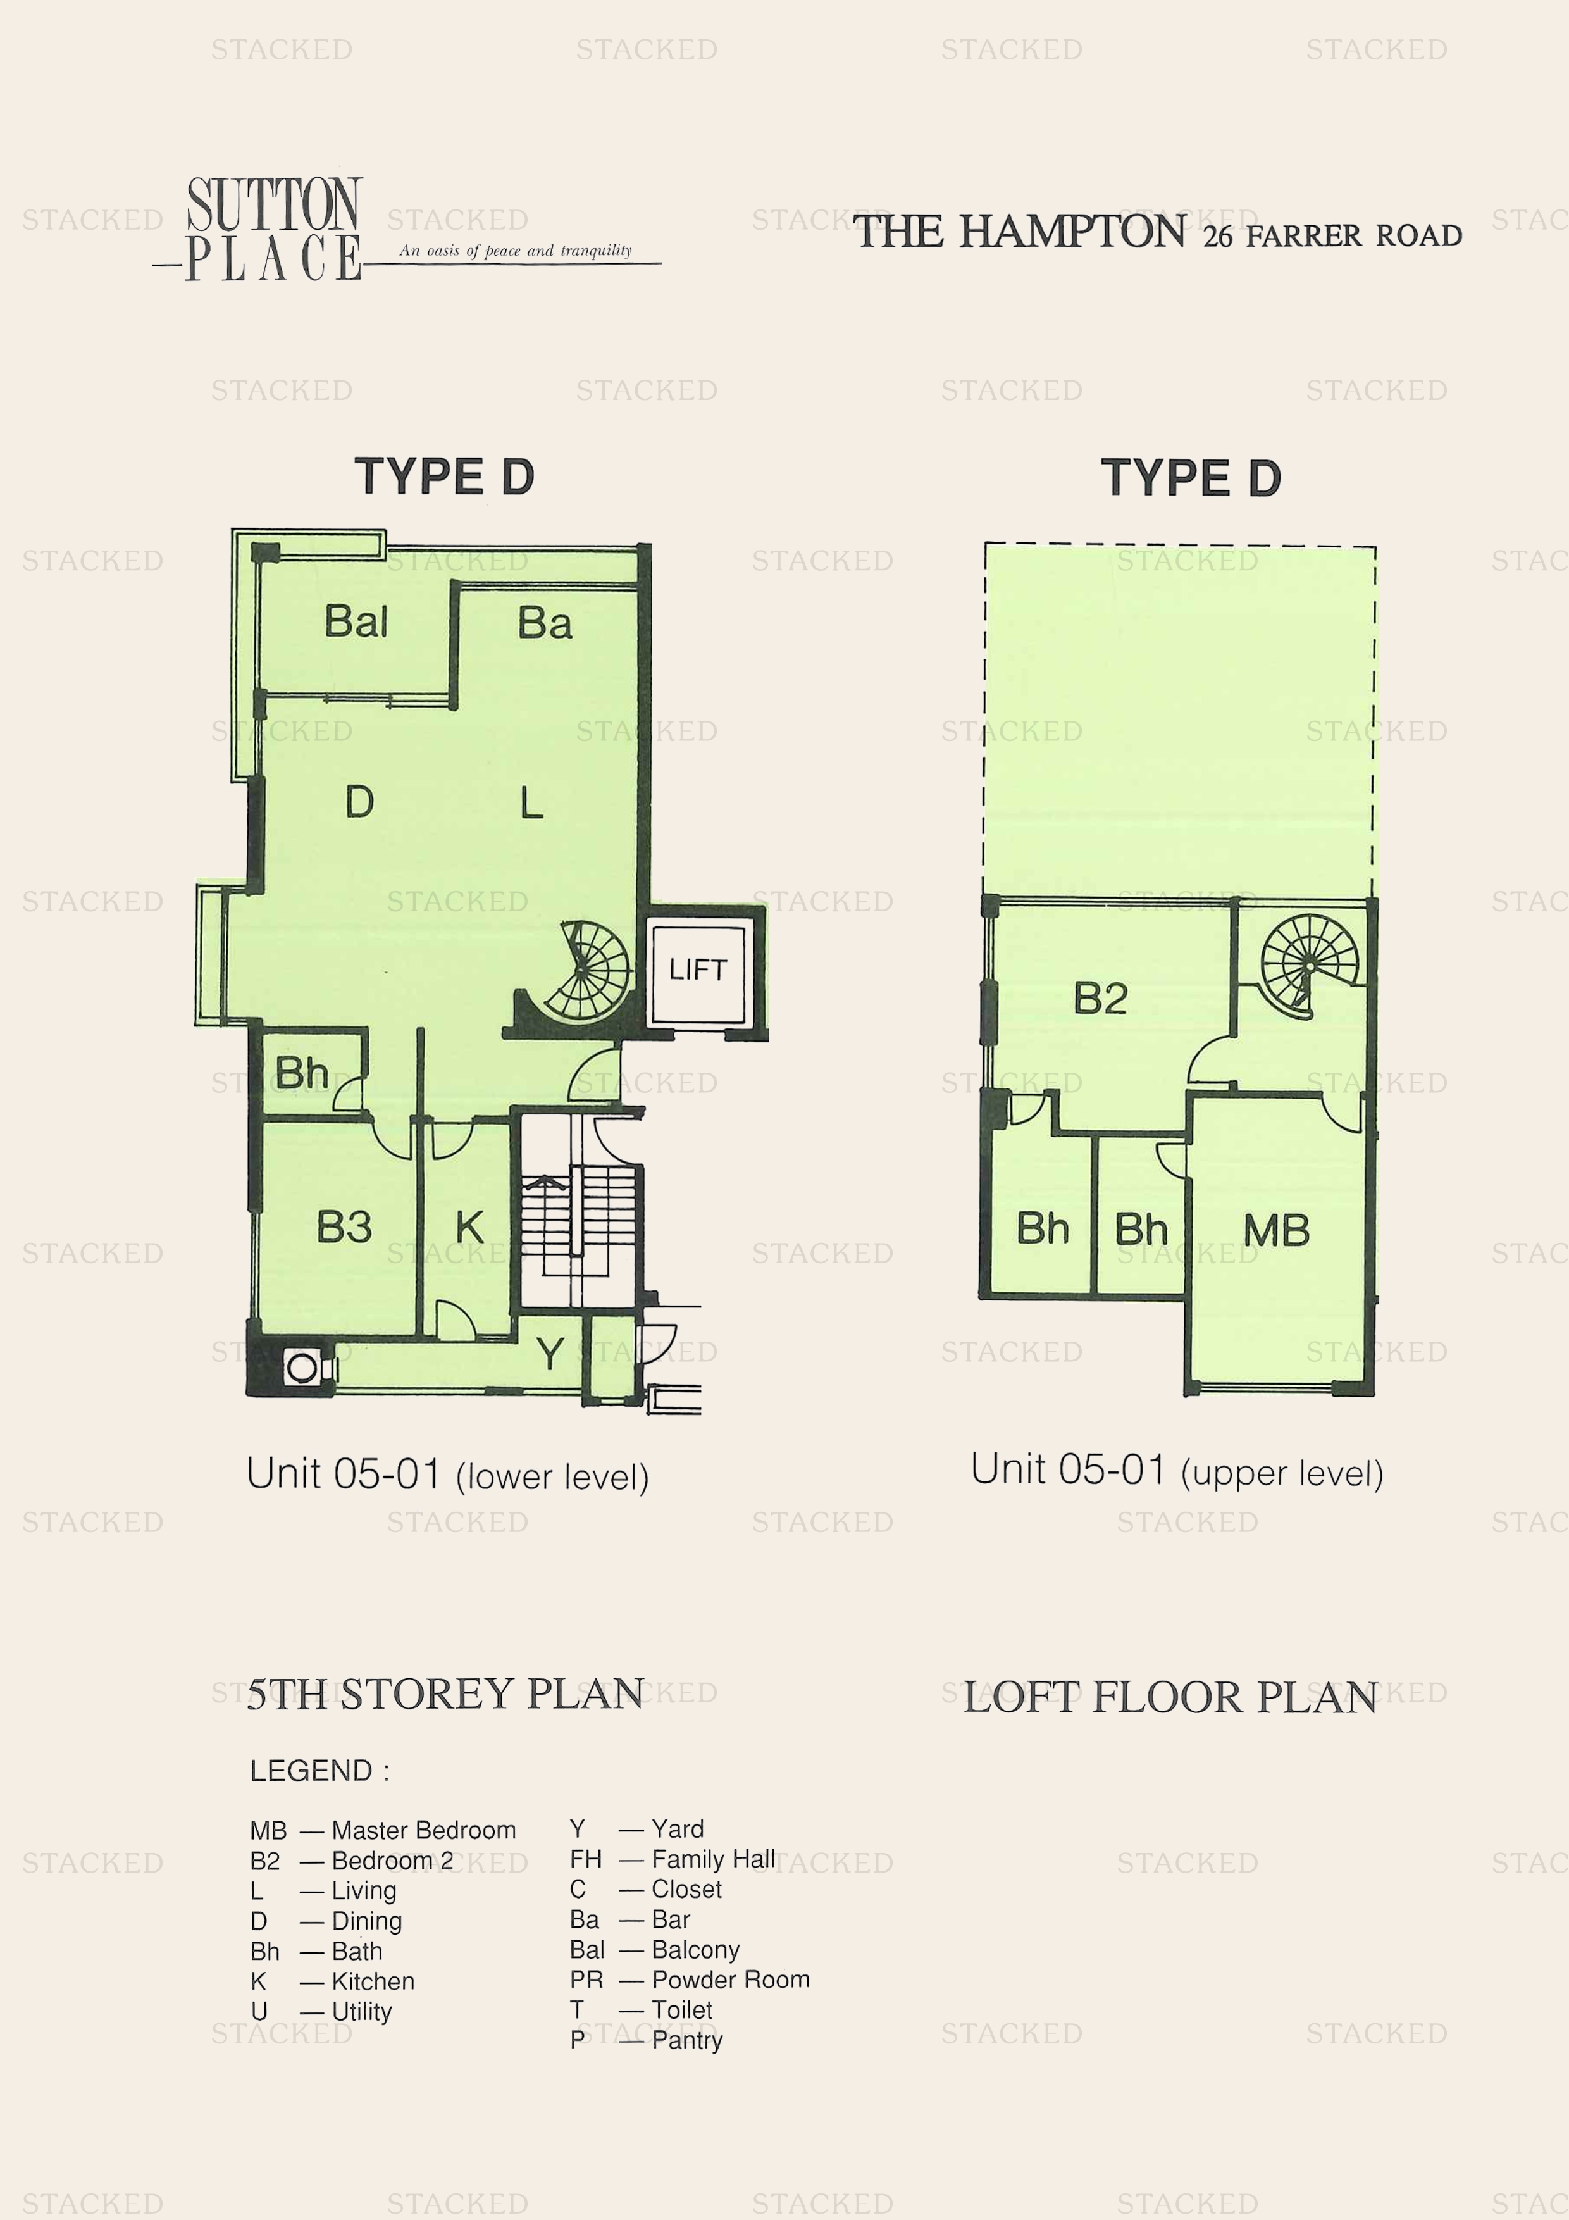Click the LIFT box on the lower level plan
pos(698,970)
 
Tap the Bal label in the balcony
pos(356,621)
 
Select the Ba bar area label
pos(544,623)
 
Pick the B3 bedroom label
pos(344,1227)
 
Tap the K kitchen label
pos(470,1228)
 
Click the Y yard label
pos(550,1354)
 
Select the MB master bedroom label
pos(1276,1231)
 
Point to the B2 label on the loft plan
pos(1100,999)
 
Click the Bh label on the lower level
pos(301,1073)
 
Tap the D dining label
pos(359,802)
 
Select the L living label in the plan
pos(531,802)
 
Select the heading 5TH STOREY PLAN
pos(445,1694)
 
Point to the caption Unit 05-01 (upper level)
pos(1177,1471)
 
